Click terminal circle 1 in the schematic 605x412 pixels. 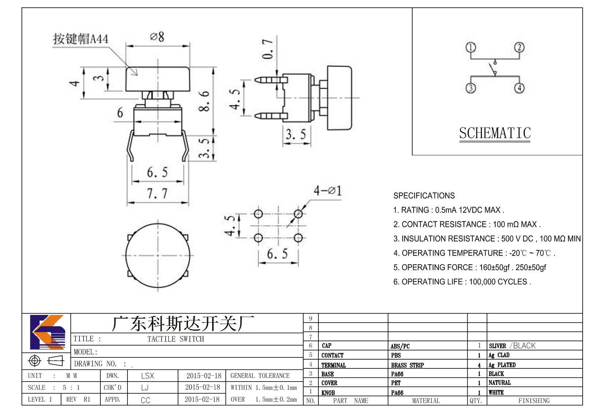coord(471,47)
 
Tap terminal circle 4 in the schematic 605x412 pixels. coord(519,88)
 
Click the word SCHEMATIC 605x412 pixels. coord(495,133)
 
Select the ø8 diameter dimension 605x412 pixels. coord(157,37)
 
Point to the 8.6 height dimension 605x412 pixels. coord(204,101)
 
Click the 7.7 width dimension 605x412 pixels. coord(157,194)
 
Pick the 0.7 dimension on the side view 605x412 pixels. coord(268,49)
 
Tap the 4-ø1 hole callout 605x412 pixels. coord(328,191)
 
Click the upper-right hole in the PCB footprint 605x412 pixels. coord(298,214)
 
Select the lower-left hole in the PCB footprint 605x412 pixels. coord(258,238)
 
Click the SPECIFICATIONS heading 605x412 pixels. coord(424,196)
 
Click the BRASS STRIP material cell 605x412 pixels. coord(407,365)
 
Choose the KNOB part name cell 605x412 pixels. coord(328,393)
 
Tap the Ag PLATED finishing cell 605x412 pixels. coord(502,365)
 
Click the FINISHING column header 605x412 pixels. coord(534,401)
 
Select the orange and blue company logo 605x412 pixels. coord(48,332)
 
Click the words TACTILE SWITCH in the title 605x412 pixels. coord(176,339)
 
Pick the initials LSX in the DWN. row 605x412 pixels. coord(147,376)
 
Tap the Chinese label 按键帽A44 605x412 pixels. coord(81,39)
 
